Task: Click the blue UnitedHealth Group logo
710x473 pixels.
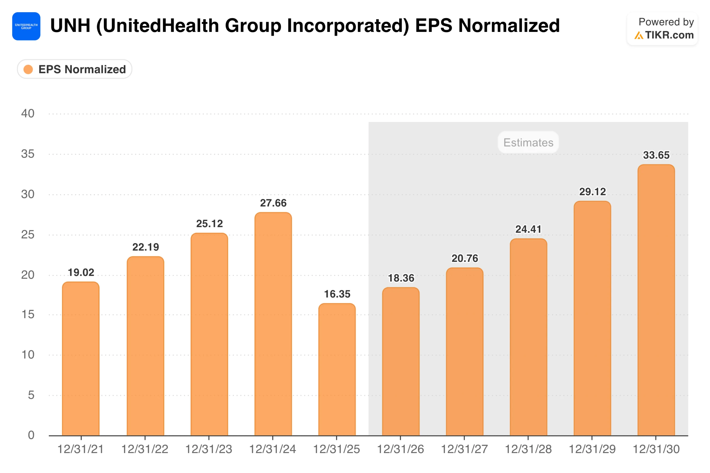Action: pos(26,26)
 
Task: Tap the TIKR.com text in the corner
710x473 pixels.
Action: pos(670,35)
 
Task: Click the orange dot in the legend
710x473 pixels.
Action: pos(28,69)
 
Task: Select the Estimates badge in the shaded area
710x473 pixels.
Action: pos(528,142)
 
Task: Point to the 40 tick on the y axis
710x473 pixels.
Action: pos(28,114)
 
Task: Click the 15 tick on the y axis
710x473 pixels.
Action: pos(28,315)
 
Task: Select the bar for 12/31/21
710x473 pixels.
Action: pos(81,359)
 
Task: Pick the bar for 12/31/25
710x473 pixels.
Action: pos(337,370)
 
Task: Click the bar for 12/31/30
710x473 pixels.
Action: pos(656,300)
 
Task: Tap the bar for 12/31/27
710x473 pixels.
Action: pos(465,352)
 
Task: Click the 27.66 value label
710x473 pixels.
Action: pos(273,203)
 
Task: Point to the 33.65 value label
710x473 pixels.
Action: pos(656,155)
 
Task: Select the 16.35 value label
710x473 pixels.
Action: pos(337,294)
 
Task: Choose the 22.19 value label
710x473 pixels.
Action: pos(146,247)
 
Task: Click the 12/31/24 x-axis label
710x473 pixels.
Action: pos(273,449)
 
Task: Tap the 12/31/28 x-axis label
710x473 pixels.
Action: pos(528,449)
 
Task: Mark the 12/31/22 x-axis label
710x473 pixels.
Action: pos(145,449)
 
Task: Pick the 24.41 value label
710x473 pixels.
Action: pos(528,229)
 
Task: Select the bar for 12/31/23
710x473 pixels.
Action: pos(209,334)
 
